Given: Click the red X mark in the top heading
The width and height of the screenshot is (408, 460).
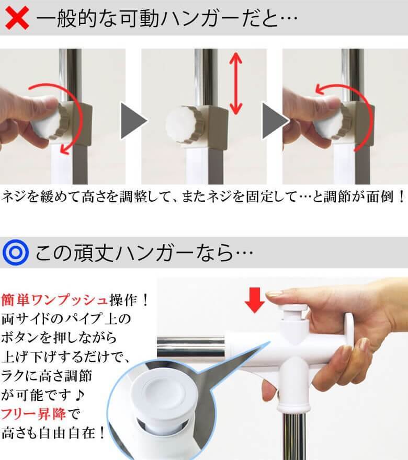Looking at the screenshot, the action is pyautogui.click(x=17, y=18).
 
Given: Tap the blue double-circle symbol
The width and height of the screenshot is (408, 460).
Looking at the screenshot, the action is pyautogui.click(x=16, y=252).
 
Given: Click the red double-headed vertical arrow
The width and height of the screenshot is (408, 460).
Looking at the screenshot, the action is pyautogui.click(x=236, y=84).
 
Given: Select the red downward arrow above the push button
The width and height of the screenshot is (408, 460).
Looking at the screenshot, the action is pyautogui.click(x=255, y=300).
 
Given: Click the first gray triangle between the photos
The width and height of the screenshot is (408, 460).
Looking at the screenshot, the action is pyautogui.click(x=134, y=121).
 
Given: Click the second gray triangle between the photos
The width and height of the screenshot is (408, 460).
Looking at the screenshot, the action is pyautogui.click(x=275, y=121).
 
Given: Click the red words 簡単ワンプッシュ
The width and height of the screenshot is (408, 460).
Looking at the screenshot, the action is pyautogui.click(x=54, y=300).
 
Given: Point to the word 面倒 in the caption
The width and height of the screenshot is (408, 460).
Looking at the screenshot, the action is pyautogui.click(x=380, y=197).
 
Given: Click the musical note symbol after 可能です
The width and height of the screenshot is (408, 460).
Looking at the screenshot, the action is pyautogui.click(x=79, y=395).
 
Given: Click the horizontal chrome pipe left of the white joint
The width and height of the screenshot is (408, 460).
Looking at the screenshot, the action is pyautogui.click(x=191, y=347).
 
